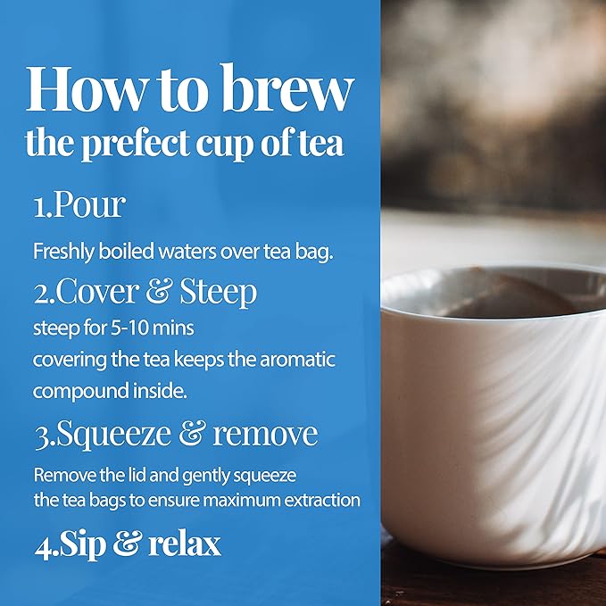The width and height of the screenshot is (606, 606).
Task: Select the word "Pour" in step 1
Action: pyautogui.click(x=91, y=207)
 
